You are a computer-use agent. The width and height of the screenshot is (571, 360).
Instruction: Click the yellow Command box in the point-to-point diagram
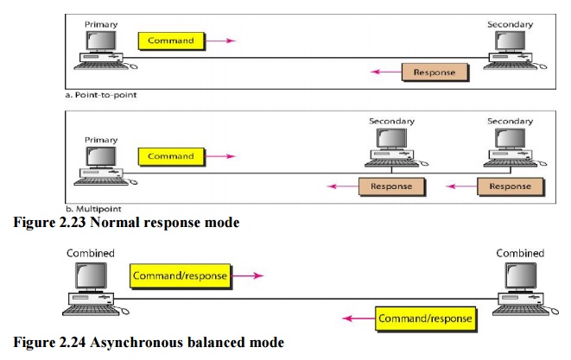coord(170,40)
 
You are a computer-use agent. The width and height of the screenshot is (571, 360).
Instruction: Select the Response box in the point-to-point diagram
coord(434,72)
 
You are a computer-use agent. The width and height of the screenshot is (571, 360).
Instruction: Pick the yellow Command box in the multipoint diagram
coord(170,156)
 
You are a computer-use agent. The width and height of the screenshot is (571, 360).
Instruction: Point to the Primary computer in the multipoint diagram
coord(101,162)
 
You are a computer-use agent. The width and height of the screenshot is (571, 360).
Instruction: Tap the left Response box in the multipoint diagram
coord(391,186)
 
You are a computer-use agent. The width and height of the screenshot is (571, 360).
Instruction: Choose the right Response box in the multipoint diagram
coord(511,186)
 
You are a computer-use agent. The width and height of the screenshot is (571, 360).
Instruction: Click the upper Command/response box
coord(180,276)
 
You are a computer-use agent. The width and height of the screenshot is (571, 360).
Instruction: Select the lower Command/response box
coord(425,318)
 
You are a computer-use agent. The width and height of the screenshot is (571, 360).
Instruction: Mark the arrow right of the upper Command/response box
coord(248,277)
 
